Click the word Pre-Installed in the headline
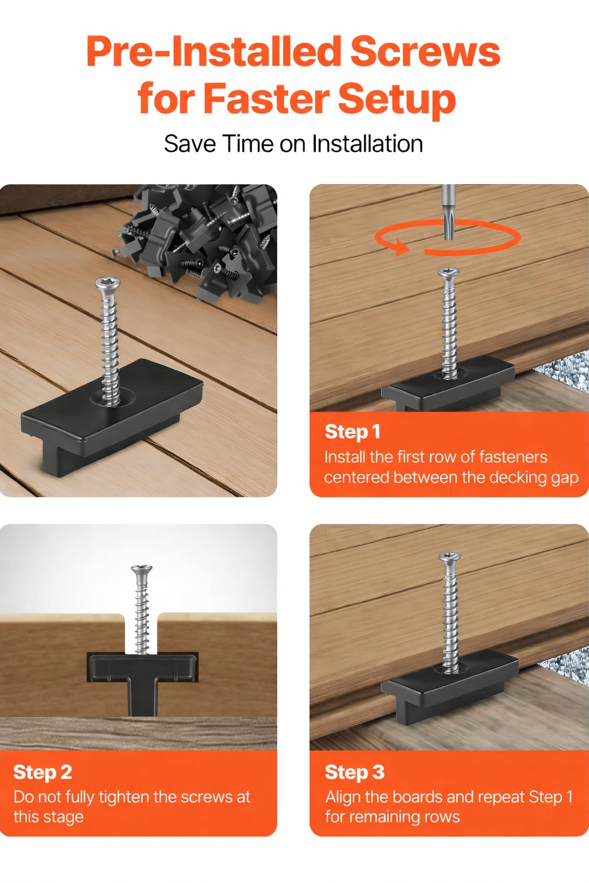click(x=213, y=52)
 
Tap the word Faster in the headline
click(x=266, y=98)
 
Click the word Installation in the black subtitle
click(x=368, y=144)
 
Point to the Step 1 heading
click(x=352, y=432)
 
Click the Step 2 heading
click(x=43, y=772)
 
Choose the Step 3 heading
click(x=354, y=772)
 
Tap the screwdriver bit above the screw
click(x=448, y=212)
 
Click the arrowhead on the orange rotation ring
click(x=401, y=248)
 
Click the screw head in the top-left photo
click(x=108, y=283)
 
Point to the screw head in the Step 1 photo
click(x=449, y=272)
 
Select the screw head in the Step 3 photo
click(x=449, y=557)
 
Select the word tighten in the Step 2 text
click(x=124, y=797)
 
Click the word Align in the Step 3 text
click(x=343, y=797)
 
